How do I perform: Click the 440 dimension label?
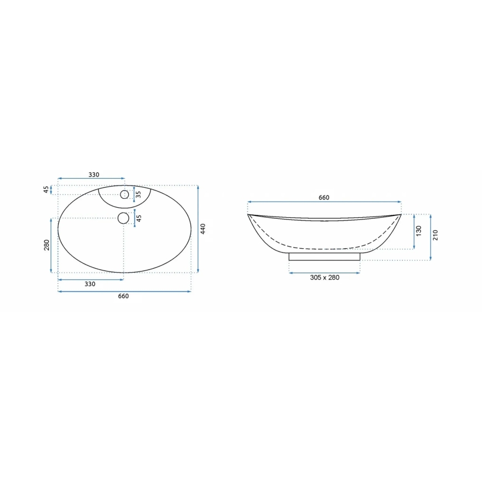click(x=203, y=228)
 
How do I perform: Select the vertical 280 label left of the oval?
click(x=47, y=245)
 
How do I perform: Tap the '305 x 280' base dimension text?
click(x=324, y=278)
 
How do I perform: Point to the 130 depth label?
click(x=419, y=230)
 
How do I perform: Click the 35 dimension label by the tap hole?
click(x=139, y=194)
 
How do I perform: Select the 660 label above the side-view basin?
click(x=324, y=198)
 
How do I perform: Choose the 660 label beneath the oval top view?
click(x=123, y=296)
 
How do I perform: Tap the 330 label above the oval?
click(x=94, y=175)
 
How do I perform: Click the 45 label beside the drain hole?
click(x=139, y=218)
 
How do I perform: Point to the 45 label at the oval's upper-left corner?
click(x=47, y=190)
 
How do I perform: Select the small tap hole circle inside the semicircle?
click(x=124, y=194)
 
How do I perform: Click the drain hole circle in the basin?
click(x=124, y=218)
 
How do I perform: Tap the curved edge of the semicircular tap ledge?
click(x=124, y=207)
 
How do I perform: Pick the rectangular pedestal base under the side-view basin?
click(x=324, y=256)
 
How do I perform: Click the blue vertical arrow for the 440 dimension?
click(x=198, y=229)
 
